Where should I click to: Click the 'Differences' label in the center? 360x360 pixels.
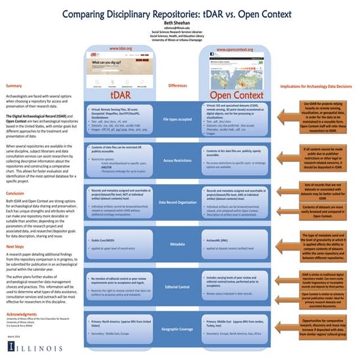[x=178, y=85]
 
